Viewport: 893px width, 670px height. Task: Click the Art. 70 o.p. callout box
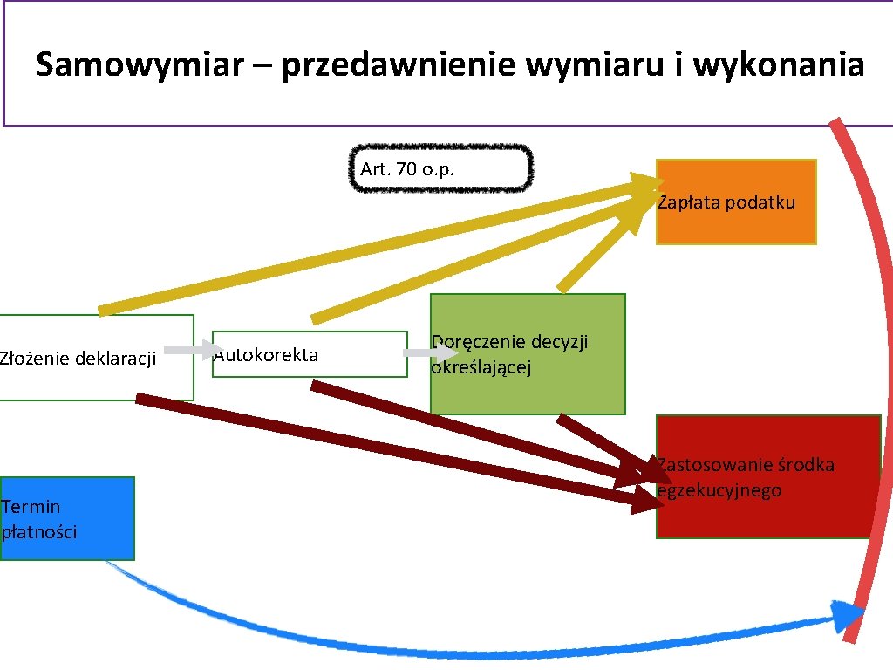[x=441, y=168]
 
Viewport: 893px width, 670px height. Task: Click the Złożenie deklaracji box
[x=96, y=358]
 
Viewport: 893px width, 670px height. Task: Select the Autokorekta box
[x=310, y=354]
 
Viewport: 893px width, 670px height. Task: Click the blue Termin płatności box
[x=67, y=518]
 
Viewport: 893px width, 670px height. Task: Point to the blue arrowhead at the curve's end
[x=847, y=615]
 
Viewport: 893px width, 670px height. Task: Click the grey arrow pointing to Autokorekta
[x=193, y=350]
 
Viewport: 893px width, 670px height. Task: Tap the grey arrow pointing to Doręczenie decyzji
[x=429, y=353]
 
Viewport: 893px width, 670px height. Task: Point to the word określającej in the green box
[x=481, y=367]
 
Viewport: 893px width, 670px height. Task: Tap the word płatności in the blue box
[x=39, y=531]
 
